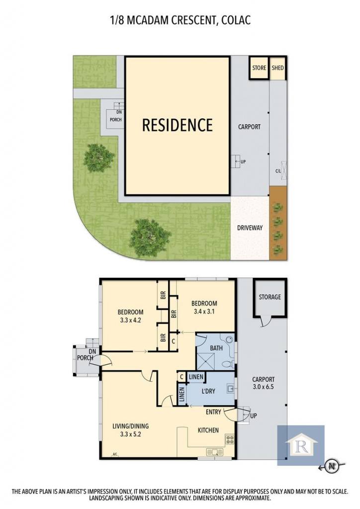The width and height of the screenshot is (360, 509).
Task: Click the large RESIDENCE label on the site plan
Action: click(178, 125)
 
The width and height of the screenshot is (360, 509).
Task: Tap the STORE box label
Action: click(259, 68)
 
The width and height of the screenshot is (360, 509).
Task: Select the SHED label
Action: click(277, 68)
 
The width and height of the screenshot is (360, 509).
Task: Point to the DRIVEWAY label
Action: click(250, 228)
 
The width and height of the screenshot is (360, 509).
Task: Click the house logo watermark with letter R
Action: click(301, 445)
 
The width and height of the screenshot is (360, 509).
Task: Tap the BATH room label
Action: click(216, 348)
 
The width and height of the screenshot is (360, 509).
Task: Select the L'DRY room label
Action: click(208, 391)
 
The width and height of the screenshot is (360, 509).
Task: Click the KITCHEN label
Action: click(208, 430)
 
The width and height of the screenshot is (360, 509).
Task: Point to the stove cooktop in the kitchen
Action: click(230, 439)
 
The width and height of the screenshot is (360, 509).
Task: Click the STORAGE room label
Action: click(270, 297)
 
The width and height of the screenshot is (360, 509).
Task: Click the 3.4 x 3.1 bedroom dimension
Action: click(204, 312)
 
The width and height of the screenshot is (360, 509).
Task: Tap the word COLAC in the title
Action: click(236, 20)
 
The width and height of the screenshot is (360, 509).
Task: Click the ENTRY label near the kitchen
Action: click(213, 412)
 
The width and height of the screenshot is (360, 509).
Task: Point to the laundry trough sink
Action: click(231, 389)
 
